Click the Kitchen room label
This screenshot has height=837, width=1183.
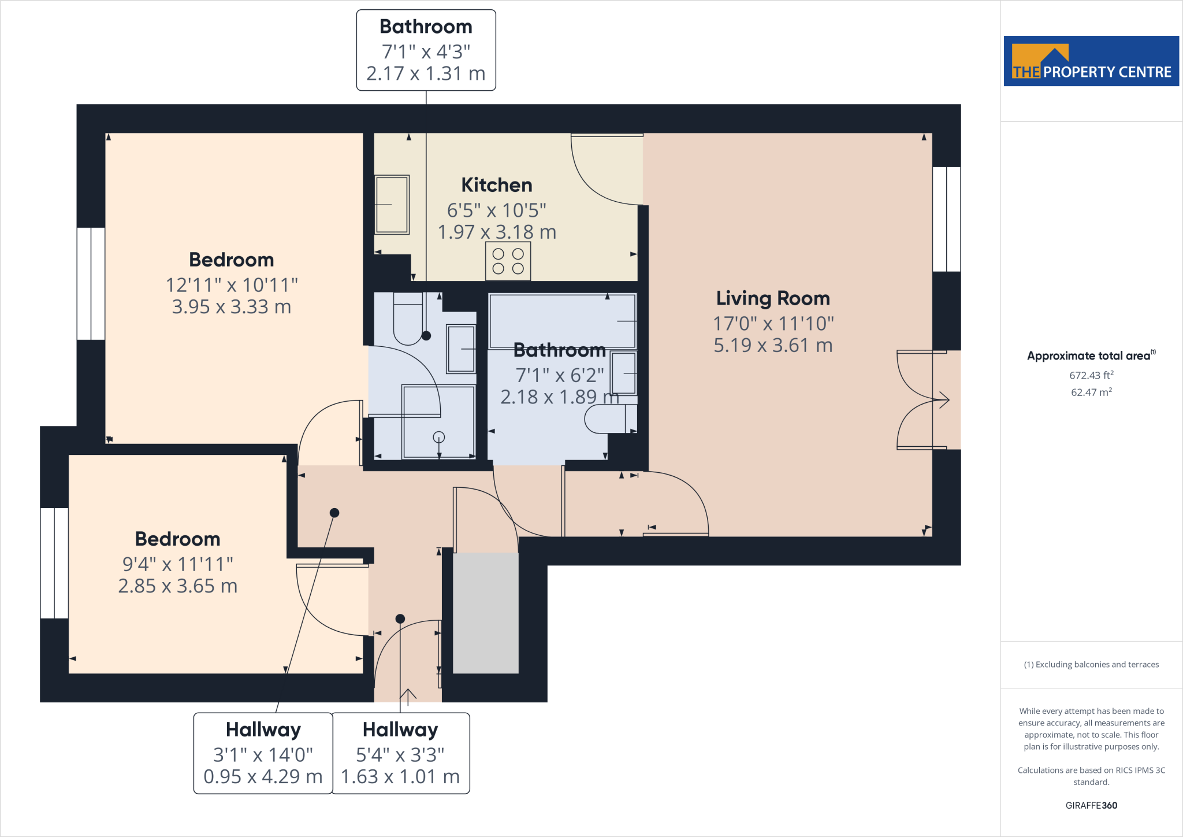pyautogui.click(x=497, y=185)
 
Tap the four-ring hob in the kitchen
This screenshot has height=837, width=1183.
pyautogui.click(x=508, y=261)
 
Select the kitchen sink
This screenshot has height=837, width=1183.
pyautogui.click(x=392, y=205)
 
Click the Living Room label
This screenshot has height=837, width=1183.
pyautogui.click(x=773, y=298)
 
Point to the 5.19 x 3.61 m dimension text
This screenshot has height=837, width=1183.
pyautogui.click(x=773, y=346)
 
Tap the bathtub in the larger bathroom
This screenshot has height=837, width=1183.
pyautogui.click(x=563, y=321)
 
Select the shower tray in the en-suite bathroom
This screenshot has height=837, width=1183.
pyautogui.click(x=439, y=422)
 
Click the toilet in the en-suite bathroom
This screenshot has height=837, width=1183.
pyautogui.click(x=409, y=318)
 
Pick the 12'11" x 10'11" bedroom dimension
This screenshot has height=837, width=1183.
pyautogui.click(x=232, y=285)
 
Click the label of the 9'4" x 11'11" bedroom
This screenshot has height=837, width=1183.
pyautogui.click(x=178, y=539)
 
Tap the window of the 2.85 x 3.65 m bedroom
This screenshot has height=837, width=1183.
pyautogui.click(x=54, y=563)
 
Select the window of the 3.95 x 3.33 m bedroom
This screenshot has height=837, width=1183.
pyautogui.click(x=91, y=283)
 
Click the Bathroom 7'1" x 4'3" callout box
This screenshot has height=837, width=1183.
pyautogui.click(x=426, y=50)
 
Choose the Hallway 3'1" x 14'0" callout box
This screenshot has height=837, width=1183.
pyautogui.click(x=263, y=753)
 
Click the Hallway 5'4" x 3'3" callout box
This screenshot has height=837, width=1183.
pyautogui.click(x=400, y=753)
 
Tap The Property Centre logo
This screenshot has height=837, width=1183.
pyautogui.click(x=1091, y=61)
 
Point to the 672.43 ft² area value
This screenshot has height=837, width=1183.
pyautogui.click(x=1091, y=375)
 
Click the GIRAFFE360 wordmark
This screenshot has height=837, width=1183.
pyautogui.click(x=1091, y=805)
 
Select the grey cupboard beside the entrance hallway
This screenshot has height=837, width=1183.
pyautogui.click(x=486, y=613)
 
